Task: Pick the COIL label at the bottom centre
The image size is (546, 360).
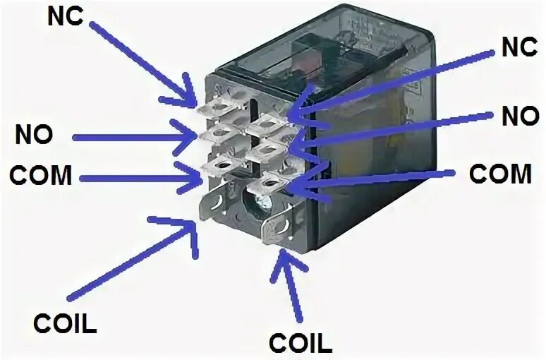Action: pos(299,344)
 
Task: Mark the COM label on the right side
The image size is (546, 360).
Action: pos(500,173)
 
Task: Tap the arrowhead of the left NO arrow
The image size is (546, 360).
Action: pos(196,138)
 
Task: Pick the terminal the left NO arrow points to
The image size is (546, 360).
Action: pos(214,133)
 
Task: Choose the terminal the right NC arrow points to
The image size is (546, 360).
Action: pos(265,123)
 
